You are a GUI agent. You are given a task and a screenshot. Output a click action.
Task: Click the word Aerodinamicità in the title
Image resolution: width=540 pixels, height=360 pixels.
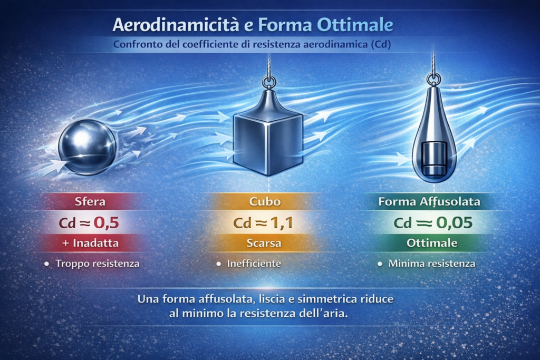coord(176,25)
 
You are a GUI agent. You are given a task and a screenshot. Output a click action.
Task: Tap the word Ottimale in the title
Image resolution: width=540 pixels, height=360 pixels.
coord(355,25)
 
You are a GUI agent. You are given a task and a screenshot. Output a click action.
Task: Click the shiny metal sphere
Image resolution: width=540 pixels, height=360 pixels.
coord(88,147)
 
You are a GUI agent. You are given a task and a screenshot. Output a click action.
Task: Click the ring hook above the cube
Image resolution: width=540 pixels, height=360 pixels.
coord(268,82)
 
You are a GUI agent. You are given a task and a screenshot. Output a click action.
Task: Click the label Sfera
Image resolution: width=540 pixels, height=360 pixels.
coord(90,201)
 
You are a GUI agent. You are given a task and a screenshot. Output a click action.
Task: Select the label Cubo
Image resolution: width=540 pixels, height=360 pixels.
coord(265,201)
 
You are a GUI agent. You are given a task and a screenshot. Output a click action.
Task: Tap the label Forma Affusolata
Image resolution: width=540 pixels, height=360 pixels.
coord(429,201)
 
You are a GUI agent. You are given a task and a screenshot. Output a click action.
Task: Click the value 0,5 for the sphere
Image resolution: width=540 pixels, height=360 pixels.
coord(107,222)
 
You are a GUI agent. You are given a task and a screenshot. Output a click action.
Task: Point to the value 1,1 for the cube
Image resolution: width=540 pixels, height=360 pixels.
coord(282,222)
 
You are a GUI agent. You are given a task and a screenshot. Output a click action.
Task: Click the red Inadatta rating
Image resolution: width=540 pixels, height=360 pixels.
coord(91,243)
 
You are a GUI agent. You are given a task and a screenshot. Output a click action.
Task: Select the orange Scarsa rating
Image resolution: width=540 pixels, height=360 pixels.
coord(264,243)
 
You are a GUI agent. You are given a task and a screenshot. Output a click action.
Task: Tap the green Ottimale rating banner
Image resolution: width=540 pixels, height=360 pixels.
coord(432,243)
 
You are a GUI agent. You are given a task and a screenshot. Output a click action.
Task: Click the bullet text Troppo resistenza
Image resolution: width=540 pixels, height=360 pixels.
coord(98,264)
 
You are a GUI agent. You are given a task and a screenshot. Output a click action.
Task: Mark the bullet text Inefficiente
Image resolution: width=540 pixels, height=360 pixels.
coord(254,264)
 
